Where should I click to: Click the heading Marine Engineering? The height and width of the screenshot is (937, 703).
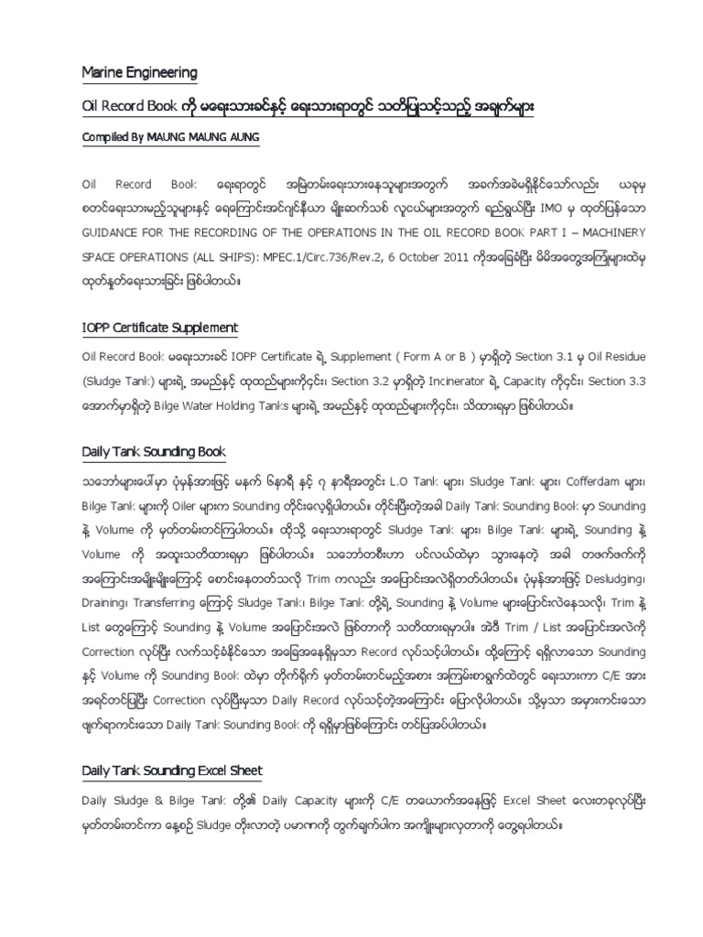[140, 72]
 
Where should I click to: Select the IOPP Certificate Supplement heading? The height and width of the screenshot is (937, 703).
[160, 328]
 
